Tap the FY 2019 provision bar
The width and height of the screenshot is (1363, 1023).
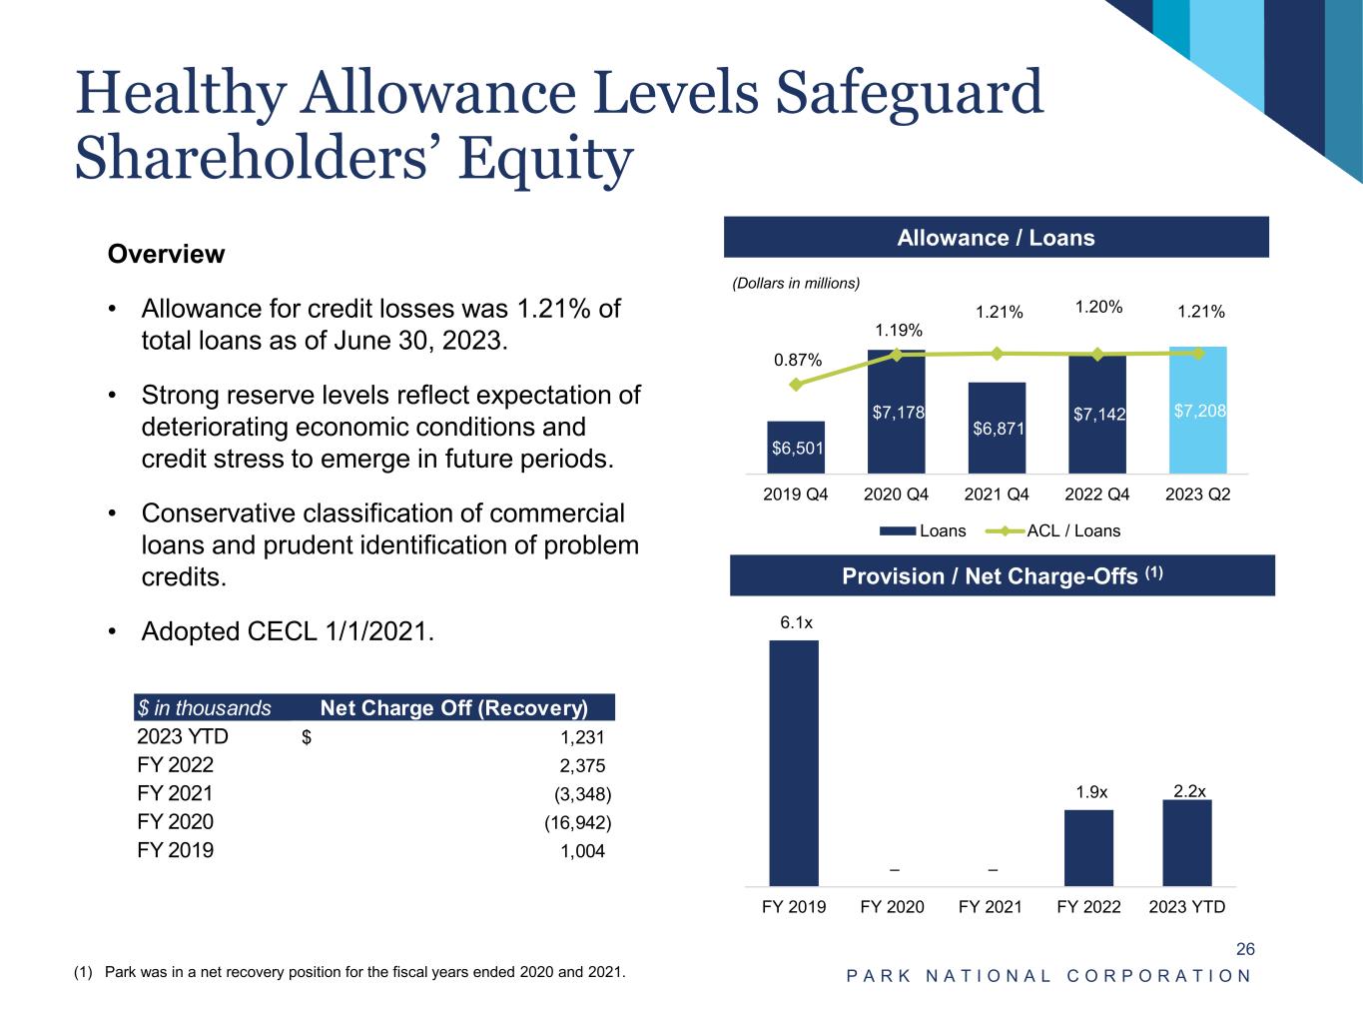pos(794,763)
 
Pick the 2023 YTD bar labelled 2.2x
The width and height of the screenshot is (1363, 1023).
pos(1187,843)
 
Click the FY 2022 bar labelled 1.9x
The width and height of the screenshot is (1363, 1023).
pos(1088,848)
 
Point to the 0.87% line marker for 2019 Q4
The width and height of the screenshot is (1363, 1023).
pos(796,385)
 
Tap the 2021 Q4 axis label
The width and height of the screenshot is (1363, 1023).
pos(997,495)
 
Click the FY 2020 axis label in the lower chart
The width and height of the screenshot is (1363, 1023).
pos(892,907)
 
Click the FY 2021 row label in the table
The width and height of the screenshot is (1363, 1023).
pos(175,794)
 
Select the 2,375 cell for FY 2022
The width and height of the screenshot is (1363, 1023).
pos(582,766)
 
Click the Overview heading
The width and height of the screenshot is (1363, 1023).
pos(166,254)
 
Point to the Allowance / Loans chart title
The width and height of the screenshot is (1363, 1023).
pos(996,238)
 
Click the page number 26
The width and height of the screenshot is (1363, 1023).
pos(1245,949)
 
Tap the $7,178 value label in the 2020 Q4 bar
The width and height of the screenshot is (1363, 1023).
pos(897,413)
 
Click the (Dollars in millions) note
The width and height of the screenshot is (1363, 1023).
pos(796,284)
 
